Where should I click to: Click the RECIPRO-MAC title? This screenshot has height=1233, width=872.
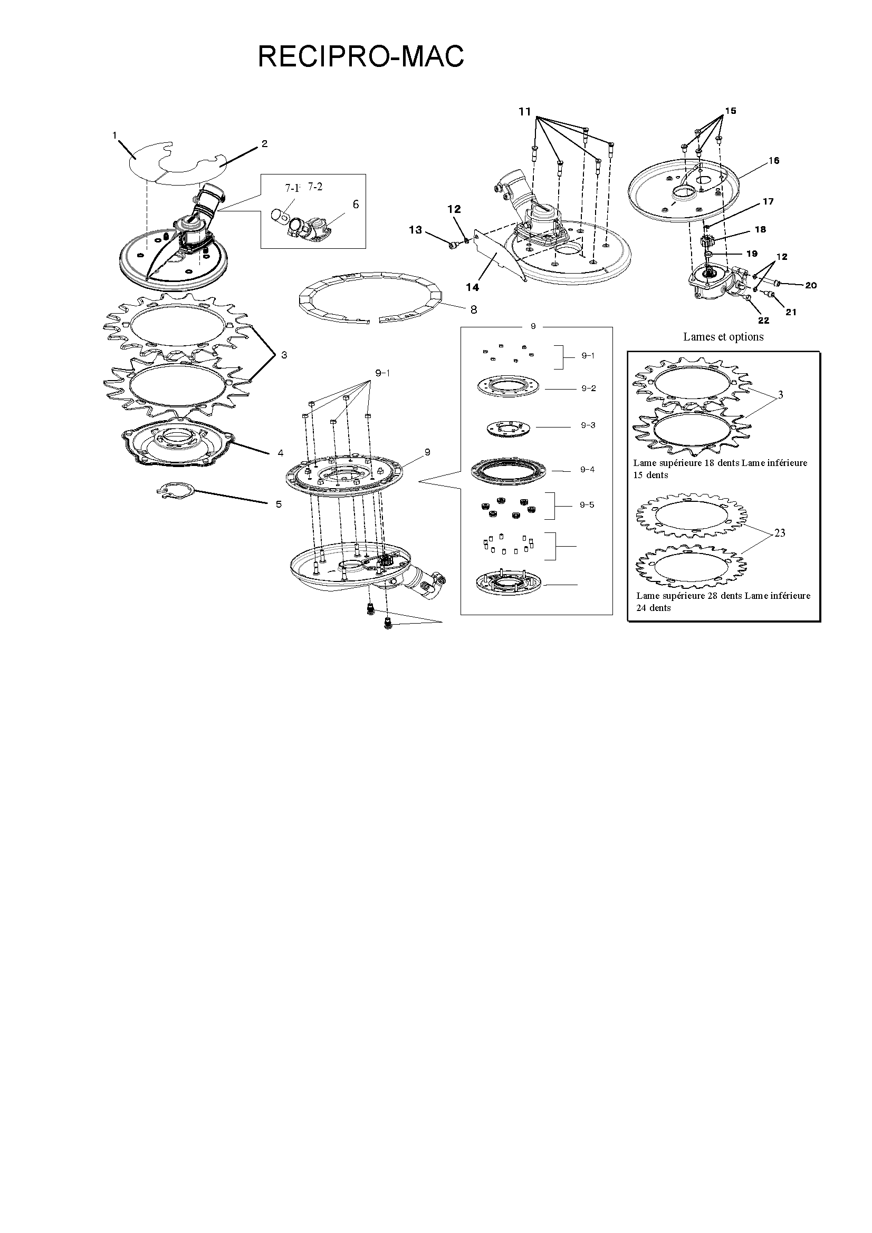tap(360, 56)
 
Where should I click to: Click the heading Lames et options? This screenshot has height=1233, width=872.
tap(723, 337)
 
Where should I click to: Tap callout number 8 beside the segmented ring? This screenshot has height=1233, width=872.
tap(473, 309)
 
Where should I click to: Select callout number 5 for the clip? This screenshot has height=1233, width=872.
tap(279, 504)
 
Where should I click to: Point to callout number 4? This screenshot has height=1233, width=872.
tap(281, 453)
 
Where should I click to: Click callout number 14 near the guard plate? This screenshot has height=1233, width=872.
tap(472, 288)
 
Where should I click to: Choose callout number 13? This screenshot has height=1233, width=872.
tap(415, 230)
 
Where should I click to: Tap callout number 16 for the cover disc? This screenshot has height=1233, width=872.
tap(774, 161)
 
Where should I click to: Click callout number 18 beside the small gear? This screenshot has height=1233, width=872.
tap(760, 229)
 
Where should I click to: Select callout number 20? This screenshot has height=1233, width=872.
tap(811, 285)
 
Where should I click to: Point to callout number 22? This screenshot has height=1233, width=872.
tap(763, 321)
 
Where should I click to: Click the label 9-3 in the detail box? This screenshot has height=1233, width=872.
tap(588, 425)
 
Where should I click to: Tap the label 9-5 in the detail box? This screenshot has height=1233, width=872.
tap(587, 505)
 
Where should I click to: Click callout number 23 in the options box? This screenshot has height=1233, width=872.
tap(780, 533)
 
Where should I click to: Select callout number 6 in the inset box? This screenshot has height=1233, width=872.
tap(356, 204)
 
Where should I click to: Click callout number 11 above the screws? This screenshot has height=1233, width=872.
tap(524, 111)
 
